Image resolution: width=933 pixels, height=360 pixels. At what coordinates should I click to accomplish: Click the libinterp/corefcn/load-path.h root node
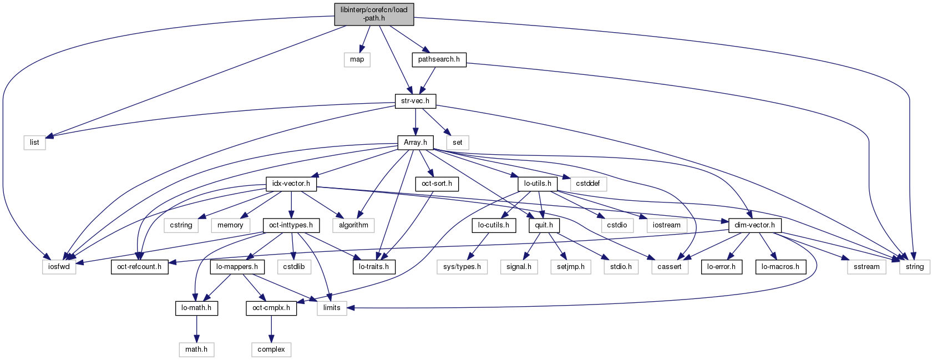[x=374, y=14]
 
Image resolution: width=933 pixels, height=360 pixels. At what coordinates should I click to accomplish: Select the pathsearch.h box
[x=439, y=59]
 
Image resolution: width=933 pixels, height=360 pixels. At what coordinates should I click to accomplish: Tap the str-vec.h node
[x=415, y=101]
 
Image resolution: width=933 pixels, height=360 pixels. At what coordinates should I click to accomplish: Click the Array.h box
[x=415, y=143]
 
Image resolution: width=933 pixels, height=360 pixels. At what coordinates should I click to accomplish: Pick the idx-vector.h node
[x=291, y=184]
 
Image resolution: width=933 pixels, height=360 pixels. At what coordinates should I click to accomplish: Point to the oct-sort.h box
[x=437, y=184]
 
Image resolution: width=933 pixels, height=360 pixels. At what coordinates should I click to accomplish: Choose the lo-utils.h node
[x=538, y=184]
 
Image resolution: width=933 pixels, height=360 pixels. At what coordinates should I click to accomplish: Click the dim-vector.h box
[x=754, y=225]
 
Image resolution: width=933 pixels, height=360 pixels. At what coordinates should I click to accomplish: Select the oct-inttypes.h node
[x=291, y=225]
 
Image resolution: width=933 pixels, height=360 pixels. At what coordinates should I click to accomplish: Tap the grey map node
[x=357, y=59]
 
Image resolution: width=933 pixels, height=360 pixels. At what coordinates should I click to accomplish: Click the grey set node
[x=457, y=143]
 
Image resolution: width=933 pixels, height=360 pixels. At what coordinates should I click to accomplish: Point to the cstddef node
[x=587, y=184]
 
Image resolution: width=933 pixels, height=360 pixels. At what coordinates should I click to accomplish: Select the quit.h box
[x=544, y=225]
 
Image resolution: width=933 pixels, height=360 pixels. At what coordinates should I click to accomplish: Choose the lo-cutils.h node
[x=494, y=225]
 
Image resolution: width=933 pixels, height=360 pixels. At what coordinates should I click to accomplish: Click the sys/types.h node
[x=462, y=267]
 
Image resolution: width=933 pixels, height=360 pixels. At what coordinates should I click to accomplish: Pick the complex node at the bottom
[x=271, y=349]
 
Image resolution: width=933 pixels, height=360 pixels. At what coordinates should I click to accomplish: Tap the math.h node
[x=196, y=349]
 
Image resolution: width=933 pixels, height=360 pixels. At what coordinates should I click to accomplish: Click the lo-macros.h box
[x=780, y=267]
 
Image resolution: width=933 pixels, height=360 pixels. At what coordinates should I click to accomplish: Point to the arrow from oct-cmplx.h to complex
[x=271, y=329]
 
